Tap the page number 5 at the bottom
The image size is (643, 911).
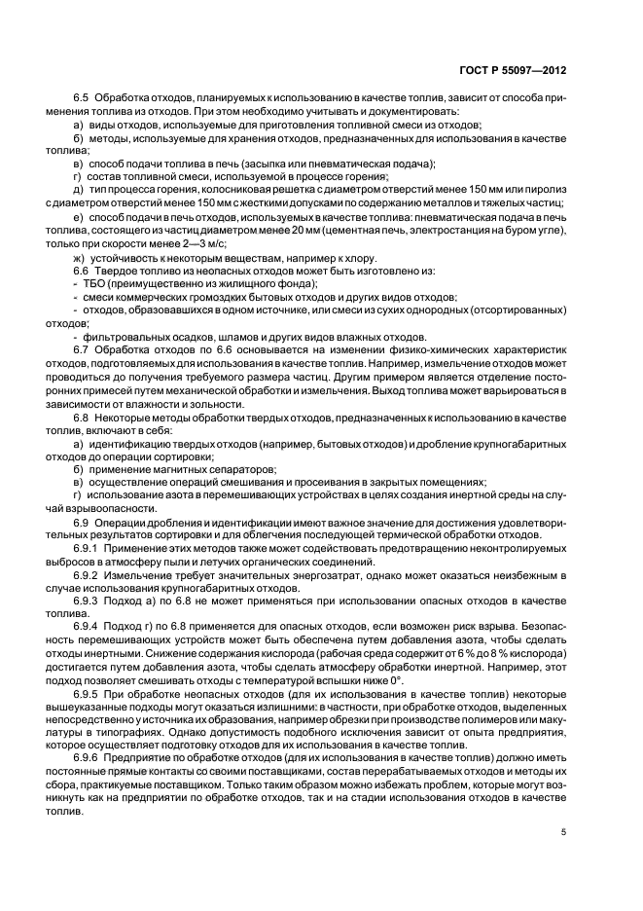(563, 832)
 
